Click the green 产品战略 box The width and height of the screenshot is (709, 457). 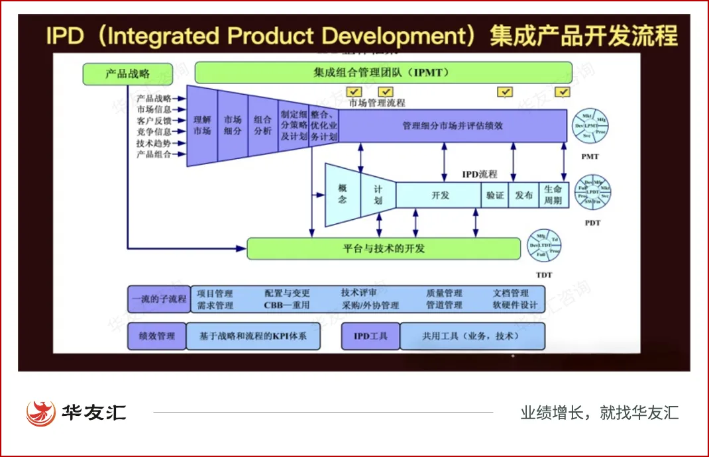(x=128, y=74)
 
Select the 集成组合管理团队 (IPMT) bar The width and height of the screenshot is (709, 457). (x=383, y=73)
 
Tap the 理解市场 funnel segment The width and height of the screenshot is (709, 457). (x=202, y=126)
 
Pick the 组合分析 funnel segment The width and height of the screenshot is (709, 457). (x=262, y=126)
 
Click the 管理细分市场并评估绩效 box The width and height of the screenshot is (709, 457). (x=453, y=125)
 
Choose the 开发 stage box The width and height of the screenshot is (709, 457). (x=439, y=195)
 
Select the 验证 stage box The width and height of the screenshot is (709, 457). (x=494, y=195)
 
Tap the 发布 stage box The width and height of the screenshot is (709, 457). (x=523, y=195)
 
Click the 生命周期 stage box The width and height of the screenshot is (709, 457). (x=553, y=195)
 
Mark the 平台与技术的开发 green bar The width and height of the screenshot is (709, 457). (x=384, y=249)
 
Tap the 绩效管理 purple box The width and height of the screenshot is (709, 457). (x=156, y=336)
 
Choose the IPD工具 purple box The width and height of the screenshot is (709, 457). (x=370, y=336)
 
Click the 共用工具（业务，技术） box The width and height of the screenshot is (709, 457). (x=472, y=336)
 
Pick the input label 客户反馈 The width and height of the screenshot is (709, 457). (x=154, y=121)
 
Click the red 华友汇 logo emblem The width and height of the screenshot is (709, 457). (x=40, y=413)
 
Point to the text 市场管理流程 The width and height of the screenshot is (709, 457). (x=377, y=103)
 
